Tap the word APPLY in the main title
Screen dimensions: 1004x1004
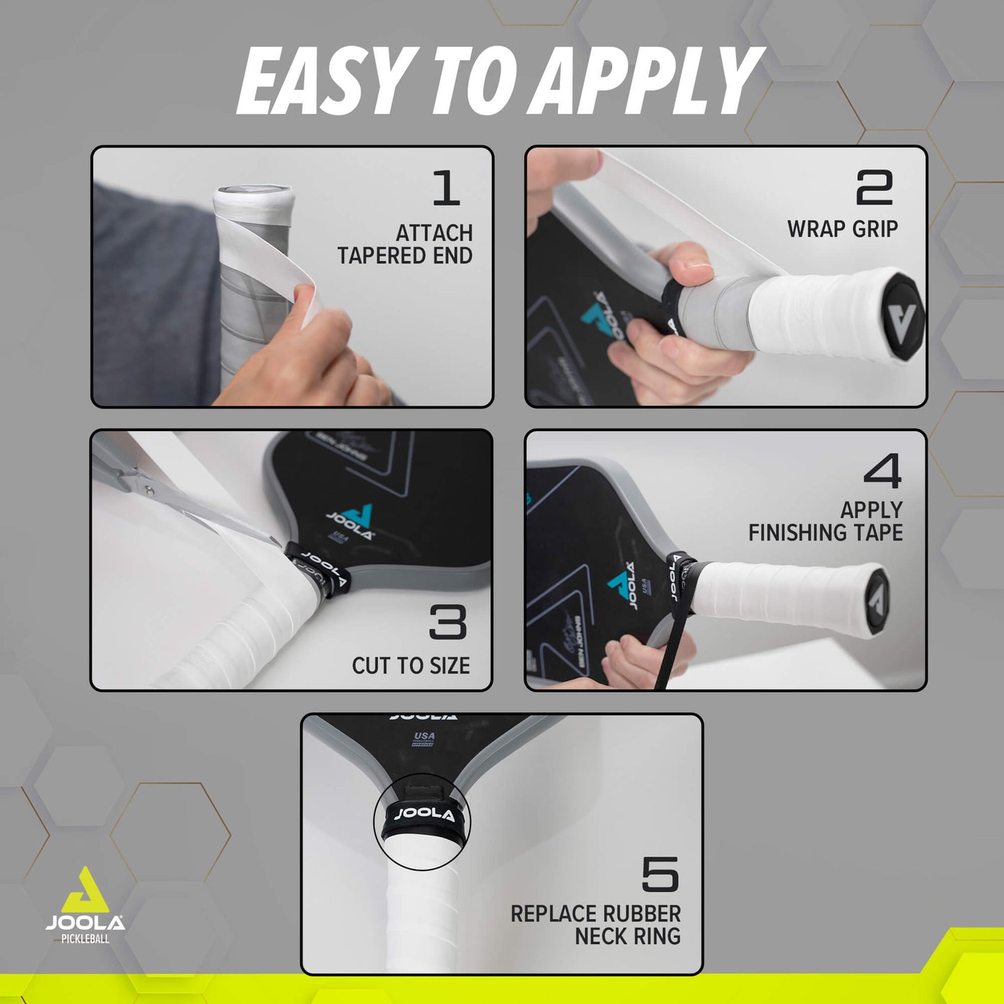650,82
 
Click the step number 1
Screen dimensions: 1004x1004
446,188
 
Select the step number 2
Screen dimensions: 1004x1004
874,188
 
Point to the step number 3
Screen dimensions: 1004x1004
447,622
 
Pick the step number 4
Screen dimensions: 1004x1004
882,471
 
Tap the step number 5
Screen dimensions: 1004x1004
659,874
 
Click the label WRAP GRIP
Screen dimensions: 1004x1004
842,229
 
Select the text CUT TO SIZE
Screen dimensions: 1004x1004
411,665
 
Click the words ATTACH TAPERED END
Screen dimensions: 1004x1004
405,244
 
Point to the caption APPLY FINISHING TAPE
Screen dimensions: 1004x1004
825,521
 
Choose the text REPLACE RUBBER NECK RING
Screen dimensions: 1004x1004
595,925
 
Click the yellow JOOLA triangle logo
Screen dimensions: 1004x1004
84,891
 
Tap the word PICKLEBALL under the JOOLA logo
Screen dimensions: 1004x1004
85,939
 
